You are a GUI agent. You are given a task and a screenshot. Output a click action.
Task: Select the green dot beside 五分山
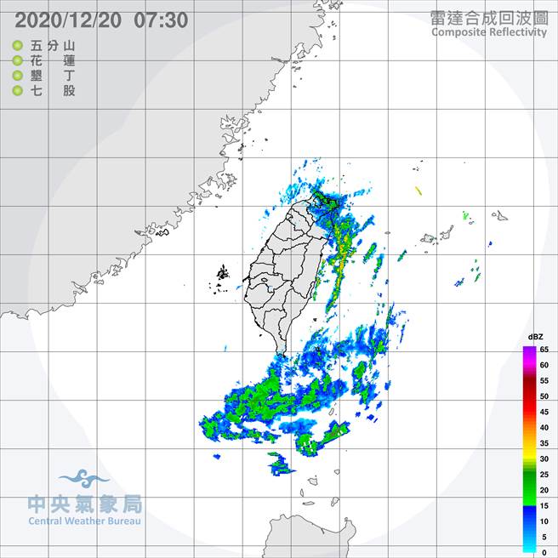tap(18, 46)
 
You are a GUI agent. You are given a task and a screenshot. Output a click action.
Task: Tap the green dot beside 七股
tap(18, 90)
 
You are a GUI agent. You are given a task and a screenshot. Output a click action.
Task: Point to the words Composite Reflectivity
tap(489, 32)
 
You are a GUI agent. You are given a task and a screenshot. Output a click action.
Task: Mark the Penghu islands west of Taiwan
tap(223, 275)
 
